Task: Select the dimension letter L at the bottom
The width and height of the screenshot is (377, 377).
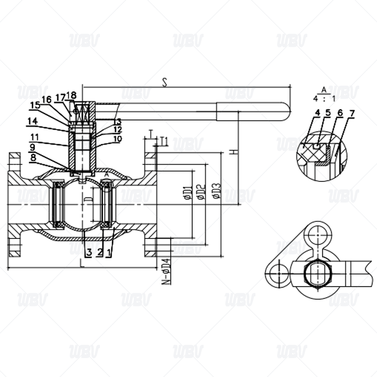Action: coord(82,263)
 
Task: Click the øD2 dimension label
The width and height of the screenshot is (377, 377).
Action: coord(201,193)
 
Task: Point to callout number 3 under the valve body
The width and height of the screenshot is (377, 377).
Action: coord(88,252)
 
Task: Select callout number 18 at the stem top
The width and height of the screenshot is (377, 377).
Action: coord(72,95)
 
